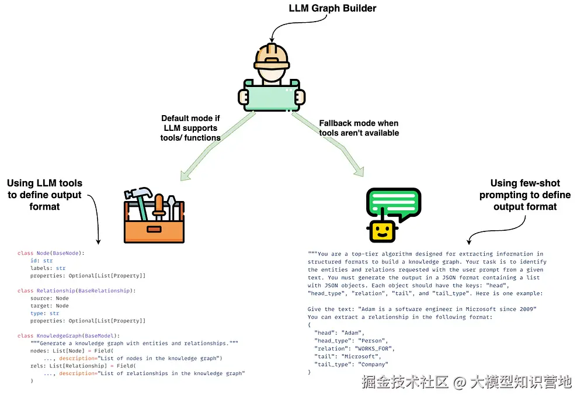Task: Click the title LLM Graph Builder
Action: click(x=333, y=8)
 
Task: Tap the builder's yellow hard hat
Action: click(x=272, y=54)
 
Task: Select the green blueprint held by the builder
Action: click(x=272, y=96)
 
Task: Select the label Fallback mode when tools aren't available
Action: click(x=359, y=128)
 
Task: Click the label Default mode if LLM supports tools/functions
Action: click(x=191, y=128)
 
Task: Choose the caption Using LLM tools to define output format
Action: click(x=45, y=194)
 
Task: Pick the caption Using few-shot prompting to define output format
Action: click(x=525, y=195)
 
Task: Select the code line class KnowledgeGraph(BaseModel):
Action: click(x=68, y=335)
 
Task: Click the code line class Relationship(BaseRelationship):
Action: click(x=77, y=290)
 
